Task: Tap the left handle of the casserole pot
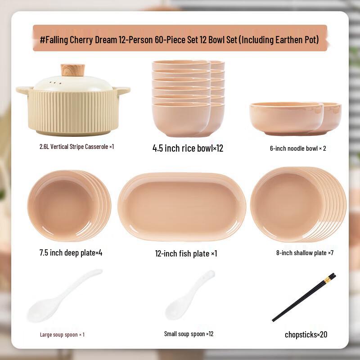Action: pyautogui.click(x=23, y=90)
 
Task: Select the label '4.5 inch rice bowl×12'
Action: pyautogui.click(x=188, y=148)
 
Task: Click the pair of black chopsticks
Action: pyautogui.click(x=304, y=297)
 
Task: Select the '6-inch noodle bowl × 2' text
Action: pyautogui.click(x=298, y=148)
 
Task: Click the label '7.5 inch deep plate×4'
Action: pyautogui.click(x=71, y=252)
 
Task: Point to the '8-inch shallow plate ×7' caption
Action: pyautogui.click(x=305, y=253)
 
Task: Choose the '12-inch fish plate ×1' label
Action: pyautogui.click(x=186, y=253)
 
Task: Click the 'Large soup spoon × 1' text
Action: pyautogui.click(x=62, y=334)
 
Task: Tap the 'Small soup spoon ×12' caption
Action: pyautogui.click(x=189, y=334)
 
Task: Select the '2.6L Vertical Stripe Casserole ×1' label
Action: pyautogui.click(x=76, y=146)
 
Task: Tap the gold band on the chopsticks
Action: pyautogui.click(x=327, y=280)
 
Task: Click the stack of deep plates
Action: pyautogui.click(x=67, y=206)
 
